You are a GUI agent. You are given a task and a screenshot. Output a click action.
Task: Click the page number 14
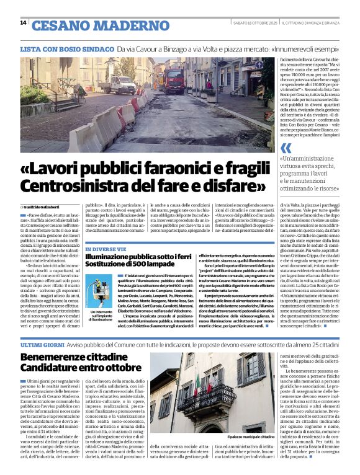pos(23,23)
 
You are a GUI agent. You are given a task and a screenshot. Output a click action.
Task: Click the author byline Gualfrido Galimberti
pos(44,206)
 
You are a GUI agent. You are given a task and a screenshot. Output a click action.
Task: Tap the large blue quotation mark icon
pos(286,148)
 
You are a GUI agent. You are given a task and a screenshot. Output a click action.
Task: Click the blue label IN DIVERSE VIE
pos(106,249)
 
